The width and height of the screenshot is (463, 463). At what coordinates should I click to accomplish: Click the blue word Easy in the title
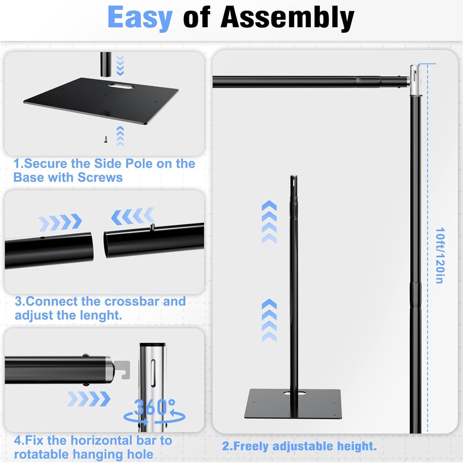pos(140,18)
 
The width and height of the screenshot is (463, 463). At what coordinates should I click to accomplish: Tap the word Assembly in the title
pos(287,18)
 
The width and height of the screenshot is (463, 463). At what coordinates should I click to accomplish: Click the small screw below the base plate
pos(106,140)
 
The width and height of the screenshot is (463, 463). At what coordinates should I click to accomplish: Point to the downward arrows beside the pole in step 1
pos(120,65)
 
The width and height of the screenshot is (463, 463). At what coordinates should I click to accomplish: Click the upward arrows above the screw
pos(120,136)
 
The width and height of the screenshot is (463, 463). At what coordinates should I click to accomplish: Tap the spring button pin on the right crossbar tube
pos(153,227)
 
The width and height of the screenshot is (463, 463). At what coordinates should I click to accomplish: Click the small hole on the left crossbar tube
pos(42,238)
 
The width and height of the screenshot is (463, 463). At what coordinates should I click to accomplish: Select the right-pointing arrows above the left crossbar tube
pos(60,222)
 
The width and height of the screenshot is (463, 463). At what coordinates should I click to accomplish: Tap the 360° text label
pos(154,408)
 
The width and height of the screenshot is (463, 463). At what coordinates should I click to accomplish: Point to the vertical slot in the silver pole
pos(153,373)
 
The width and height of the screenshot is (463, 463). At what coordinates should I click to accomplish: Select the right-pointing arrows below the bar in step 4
pos(89,399)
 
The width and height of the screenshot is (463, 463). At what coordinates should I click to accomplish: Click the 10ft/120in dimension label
pos(440,255)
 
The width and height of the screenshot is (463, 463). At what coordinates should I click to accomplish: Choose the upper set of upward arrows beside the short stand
pos(269,222)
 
